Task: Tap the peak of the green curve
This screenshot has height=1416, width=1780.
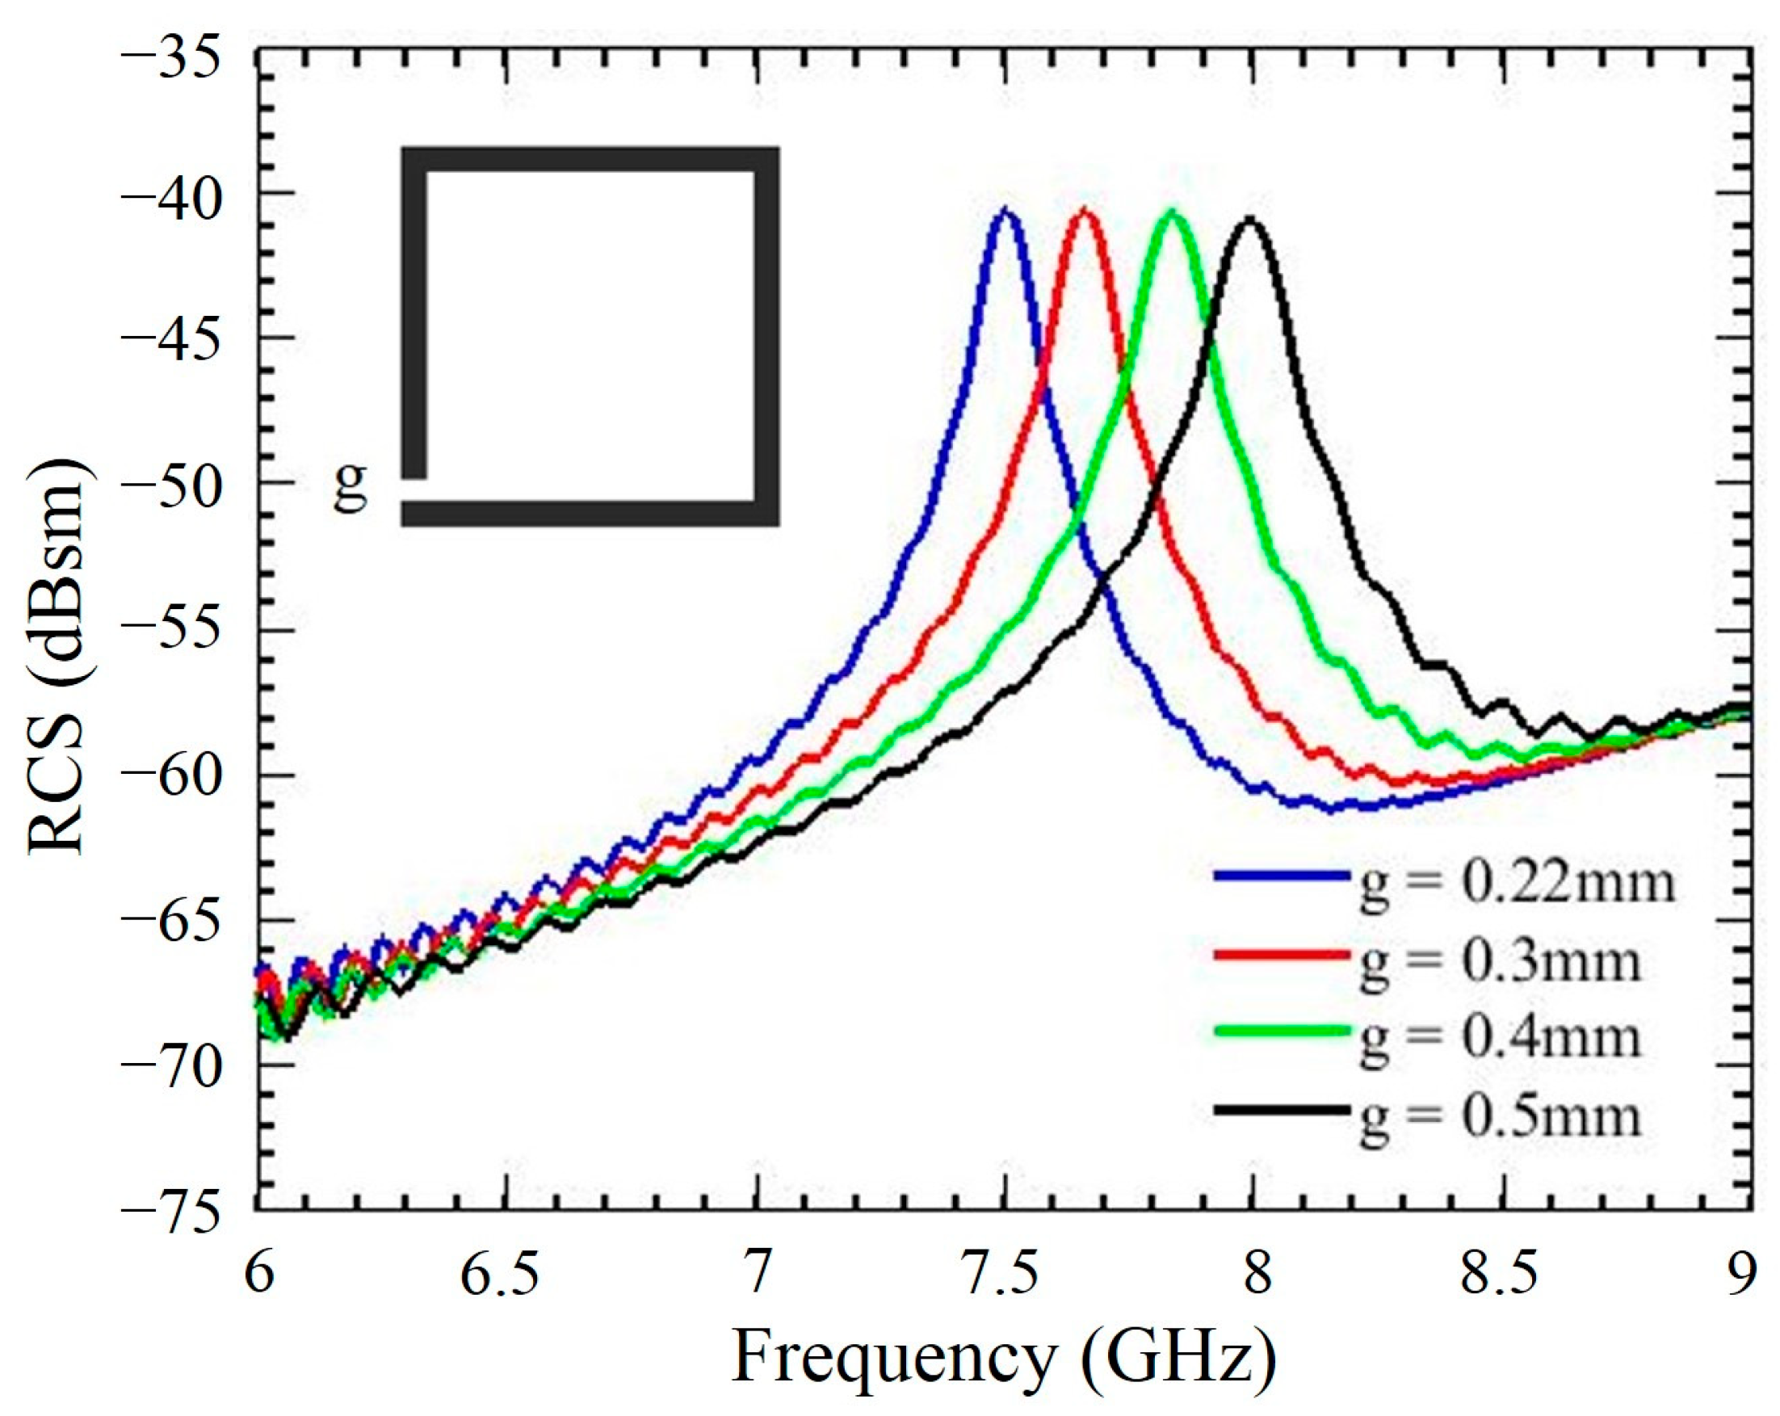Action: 1172,213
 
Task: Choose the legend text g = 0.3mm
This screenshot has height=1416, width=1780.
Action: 1498,963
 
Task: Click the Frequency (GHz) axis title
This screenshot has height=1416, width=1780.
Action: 1004,1359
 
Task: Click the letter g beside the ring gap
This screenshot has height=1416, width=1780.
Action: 350,488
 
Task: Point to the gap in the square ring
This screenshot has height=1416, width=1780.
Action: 414,489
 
